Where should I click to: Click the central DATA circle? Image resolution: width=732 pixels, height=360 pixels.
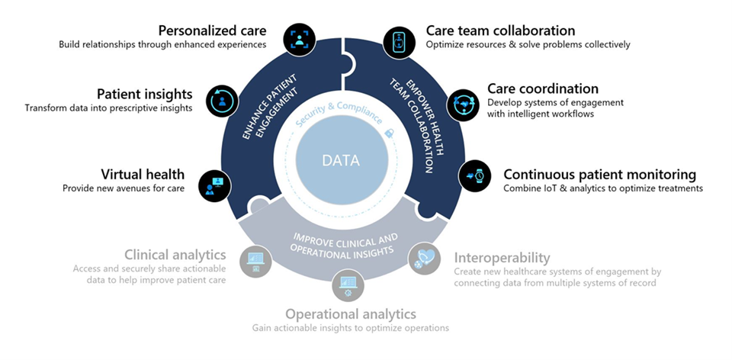tap(340, 162)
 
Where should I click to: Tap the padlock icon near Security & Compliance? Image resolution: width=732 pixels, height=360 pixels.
tap(389, 133)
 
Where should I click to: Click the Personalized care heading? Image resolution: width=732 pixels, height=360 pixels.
tap(212, 31)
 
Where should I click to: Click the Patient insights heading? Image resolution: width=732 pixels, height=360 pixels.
tap(145, 94)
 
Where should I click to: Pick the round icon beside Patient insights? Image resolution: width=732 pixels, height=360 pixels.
tap(220, 100)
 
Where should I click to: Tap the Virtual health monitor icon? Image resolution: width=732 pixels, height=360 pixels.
tap(213, 185)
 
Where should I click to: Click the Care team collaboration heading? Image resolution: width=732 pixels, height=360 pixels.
tap(500, 31)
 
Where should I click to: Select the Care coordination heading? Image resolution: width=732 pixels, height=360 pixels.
tap(543, 89)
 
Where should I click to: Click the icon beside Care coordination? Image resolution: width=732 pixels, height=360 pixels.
tap(462, 104)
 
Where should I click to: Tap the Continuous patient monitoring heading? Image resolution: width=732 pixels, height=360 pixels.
tap(599, 174)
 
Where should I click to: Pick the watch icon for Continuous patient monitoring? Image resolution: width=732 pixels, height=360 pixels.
tap(475, 175)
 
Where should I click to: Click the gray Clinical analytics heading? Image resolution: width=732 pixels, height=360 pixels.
tap(175, 255)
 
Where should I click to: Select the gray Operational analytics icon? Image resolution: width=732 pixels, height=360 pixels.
tap(347, 288)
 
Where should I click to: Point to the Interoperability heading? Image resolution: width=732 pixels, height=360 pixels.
tap(502, 258)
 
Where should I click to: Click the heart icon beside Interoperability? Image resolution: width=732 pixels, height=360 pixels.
tap(424, 258)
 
